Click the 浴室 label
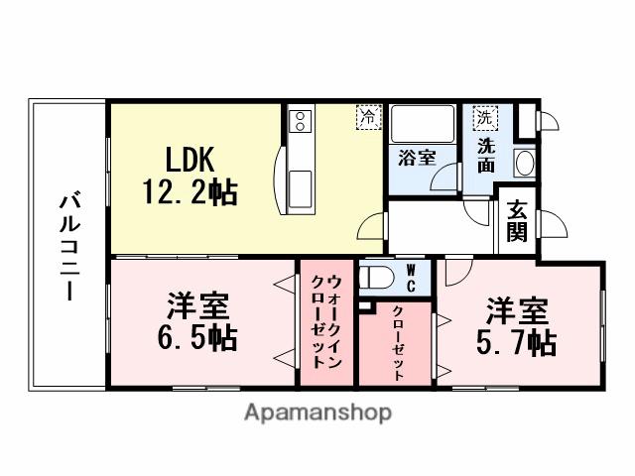point(418,157)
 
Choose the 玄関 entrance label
point(518,220)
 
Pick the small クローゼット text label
point(397,343)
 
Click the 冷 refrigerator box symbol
point(368,117)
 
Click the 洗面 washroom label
point(486,156)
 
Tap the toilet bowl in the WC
point(376,278)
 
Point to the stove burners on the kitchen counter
point(300,122)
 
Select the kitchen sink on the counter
point(300,185)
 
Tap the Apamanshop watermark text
point(317,413)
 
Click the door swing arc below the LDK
point(372,229)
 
